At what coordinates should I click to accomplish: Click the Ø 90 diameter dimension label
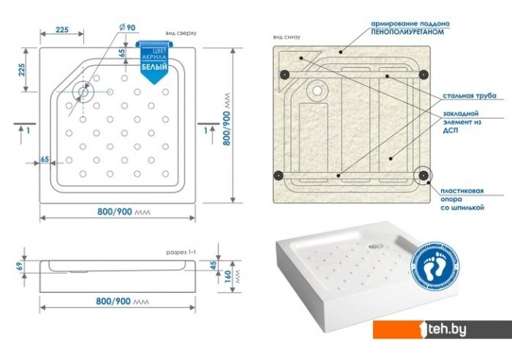pyautogui.click(x=127, y=28)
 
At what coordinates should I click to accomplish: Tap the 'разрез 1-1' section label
pyautogui.click(x=182, y=251)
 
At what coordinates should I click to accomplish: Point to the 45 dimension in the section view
pyautogui.click(x=213, y=265)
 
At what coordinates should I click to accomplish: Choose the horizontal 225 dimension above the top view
pyautogui.click(x=63, y=30)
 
